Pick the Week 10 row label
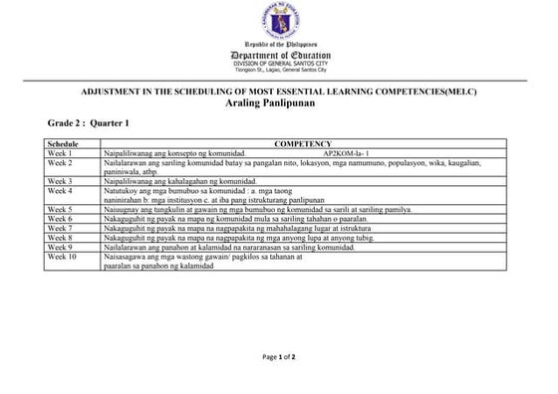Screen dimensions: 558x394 point(62,257)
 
